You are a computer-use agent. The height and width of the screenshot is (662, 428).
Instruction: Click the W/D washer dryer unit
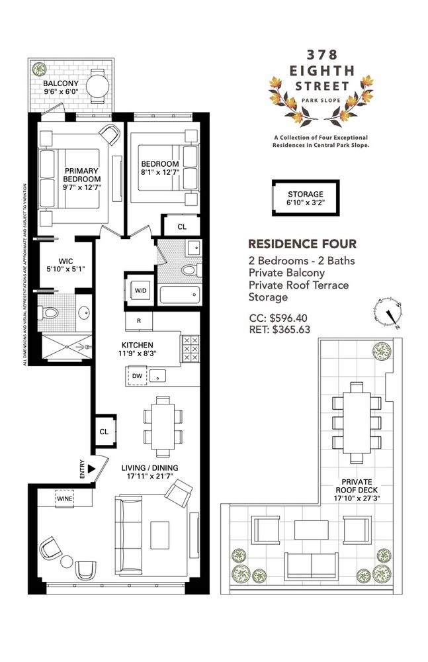click(141, 290)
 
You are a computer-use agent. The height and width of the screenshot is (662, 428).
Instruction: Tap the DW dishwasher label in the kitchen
click(137, 375)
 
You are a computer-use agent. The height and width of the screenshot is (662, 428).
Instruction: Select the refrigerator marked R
click(139, 321)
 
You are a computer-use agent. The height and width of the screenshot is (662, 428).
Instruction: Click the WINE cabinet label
click(64, 498)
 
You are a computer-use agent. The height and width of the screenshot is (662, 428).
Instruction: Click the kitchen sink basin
click(159, 375)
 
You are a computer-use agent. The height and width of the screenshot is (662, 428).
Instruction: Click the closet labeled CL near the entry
click(105, 431)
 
